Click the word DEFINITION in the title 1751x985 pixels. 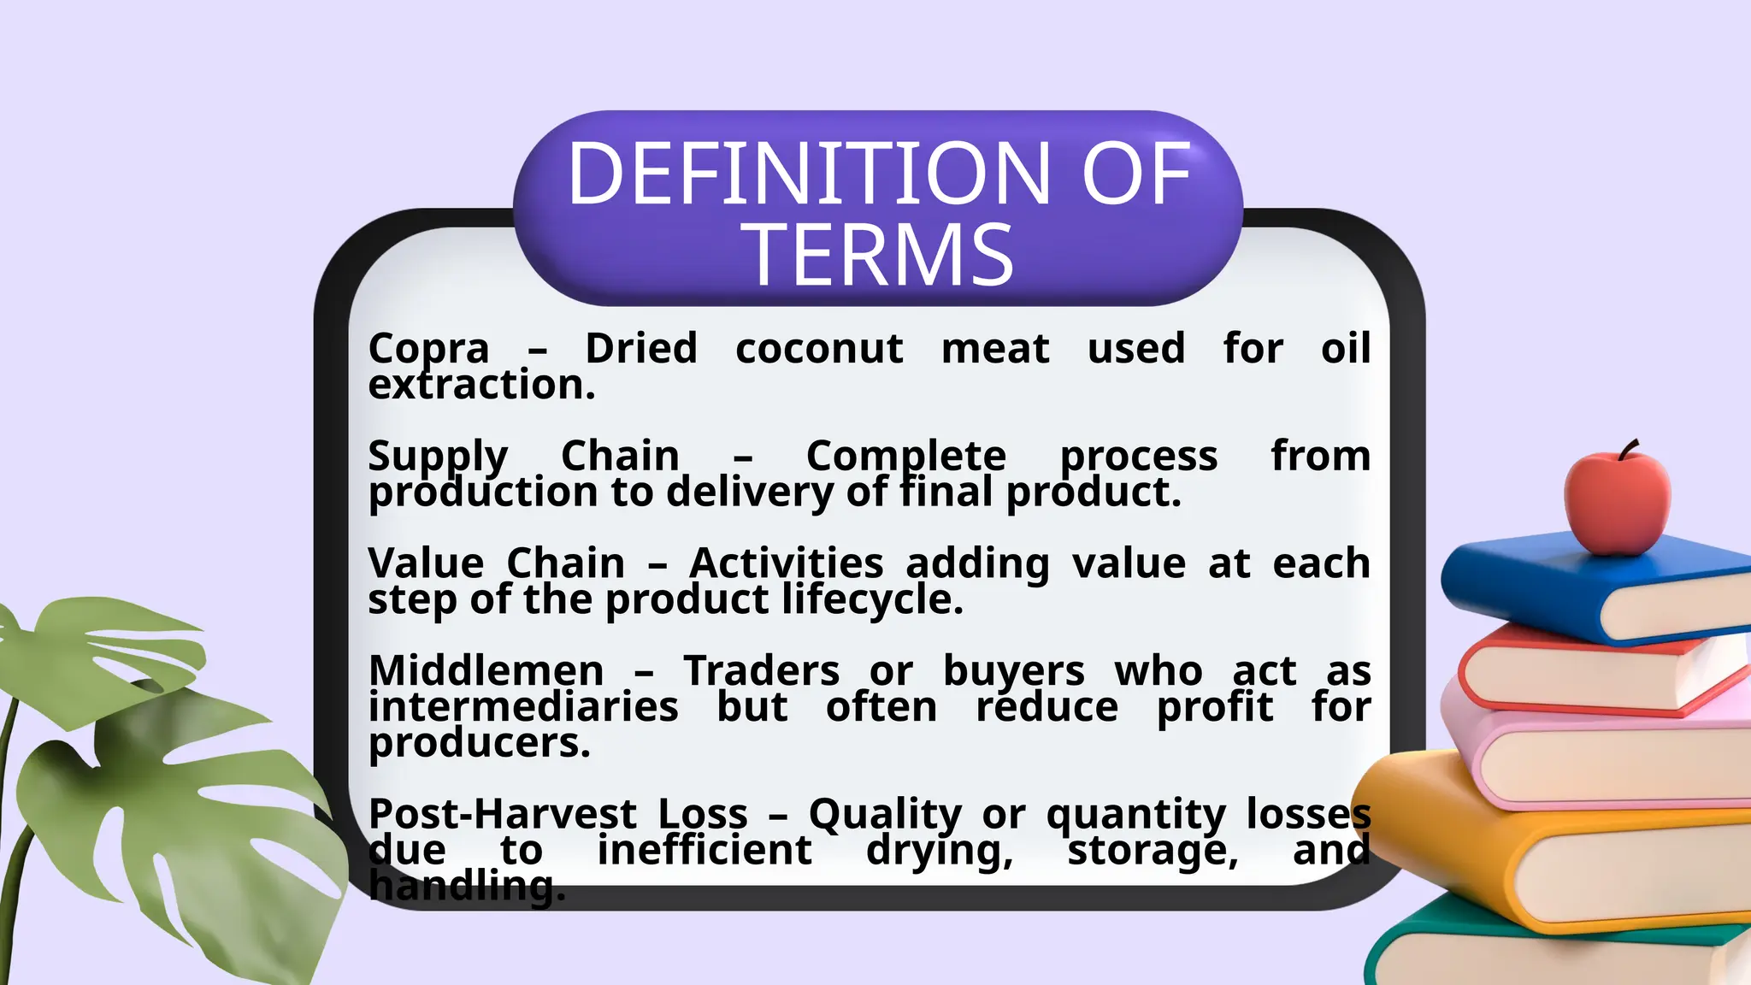pos(807,174)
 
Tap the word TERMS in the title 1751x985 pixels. pos(881,255)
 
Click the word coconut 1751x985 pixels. pos(818,349)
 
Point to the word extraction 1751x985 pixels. pos(481,386)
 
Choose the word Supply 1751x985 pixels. pos(438,457)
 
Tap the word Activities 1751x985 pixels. pos(786,564)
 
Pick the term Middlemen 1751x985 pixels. pos(486,671)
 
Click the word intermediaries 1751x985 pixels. pos(523,707)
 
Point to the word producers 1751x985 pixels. pos(479,743)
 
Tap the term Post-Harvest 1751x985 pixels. pos(503,814)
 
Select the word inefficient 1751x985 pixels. pos(704,850)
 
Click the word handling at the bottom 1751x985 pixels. pos(466,886)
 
